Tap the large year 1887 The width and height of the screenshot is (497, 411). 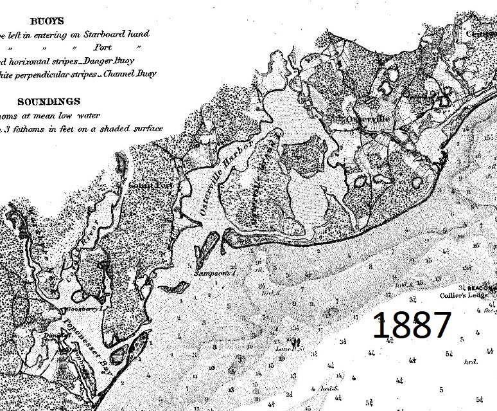[x=410, y=326]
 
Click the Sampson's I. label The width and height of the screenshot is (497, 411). [x=211, y=273]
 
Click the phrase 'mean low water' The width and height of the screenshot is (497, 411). [x=64, y=115]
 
